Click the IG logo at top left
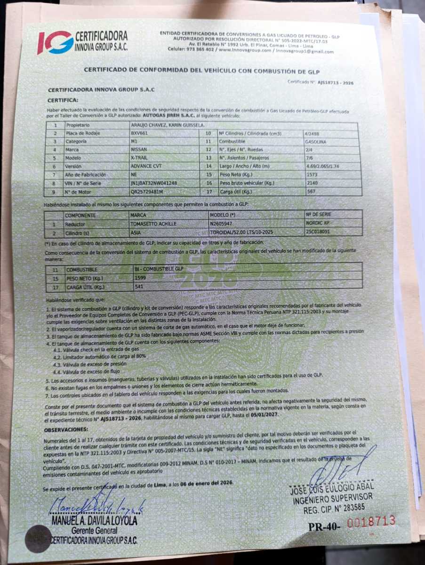(x=55, y=42)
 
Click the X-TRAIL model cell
(x=140, y=158)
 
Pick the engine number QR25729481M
(x=147, y=192)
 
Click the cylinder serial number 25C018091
(x=318, y=232)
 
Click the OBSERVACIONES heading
(x=66, y=429)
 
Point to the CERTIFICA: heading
(x=63, y=100)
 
